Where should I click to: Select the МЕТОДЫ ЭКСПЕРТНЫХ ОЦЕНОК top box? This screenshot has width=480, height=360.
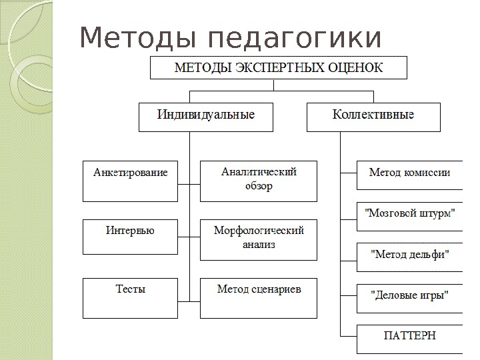pos(279,67)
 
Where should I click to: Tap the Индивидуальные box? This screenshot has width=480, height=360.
pos(206,116)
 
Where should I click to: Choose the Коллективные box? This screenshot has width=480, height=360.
pos(373,116)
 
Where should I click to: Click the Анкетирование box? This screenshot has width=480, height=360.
pos(131,180)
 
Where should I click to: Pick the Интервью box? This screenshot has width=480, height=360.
pos(131,236)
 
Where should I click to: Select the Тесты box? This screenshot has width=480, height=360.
pos(131,297)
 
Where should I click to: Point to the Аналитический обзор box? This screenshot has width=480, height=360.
pos(259,180)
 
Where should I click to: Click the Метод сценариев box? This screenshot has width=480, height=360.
pos(259,297)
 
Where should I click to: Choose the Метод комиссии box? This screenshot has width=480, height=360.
pos(410,175)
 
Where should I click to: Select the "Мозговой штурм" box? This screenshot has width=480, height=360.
pos(410,216)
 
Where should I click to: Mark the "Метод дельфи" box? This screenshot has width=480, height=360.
pos(410,257)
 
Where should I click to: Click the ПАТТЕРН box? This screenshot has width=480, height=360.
pos(410,338)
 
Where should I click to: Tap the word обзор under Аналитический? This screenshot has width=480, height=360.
pos(259,186)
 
